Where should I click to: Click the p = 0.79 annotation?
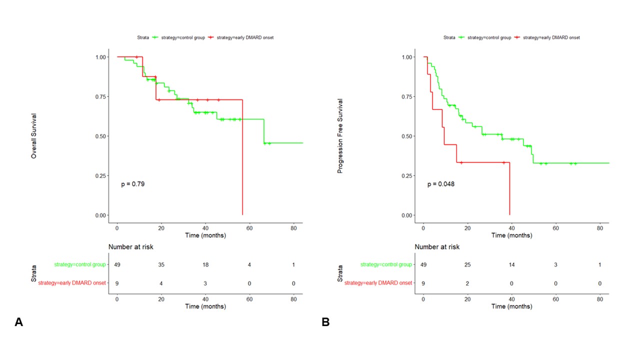click(132, 184)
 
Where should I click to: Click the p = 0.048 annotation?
click(440, 184)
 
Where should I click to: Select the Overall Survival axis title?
click(34, 135)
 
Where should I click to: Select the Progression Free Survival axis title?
click(340, 135)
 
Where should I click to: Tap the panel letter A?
click(18, 322)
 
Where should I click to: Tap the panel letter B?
click(325, 322)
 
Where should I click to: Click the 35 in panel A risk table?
click(161, 264)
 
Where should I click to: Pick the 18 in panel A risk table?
click(205, 264)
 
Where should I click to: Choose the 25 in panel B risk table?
click(467, 264)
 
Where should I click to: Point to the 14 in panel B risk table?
click(511, 264)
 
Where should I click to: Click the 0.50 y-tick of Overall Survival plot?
click(100, 136)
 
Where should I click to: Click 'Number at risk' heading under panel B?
click(436, 246)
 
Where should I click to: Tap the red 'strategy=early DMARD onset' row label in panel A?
click(71, 283)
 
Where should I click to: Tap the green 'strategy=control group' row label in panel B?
click(386, 264)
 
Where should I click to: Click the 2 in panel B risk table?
click(467, 283)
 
